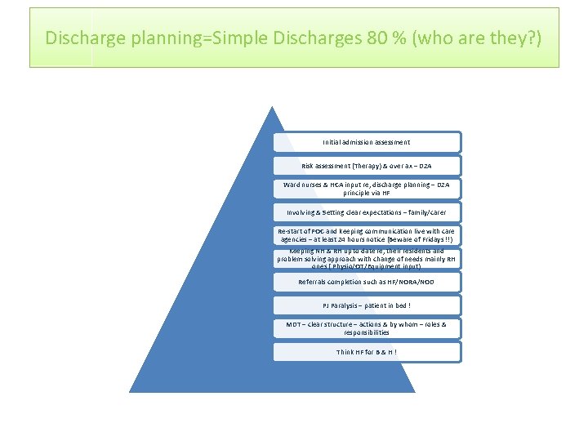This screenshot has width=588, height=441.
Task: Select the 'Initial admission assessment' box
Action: [367, 142]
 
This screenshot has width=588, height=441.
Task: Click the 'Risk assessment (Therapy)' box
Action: [367, 166]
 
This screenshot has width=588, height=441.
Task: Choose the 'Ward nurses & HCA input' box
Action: [367, 189]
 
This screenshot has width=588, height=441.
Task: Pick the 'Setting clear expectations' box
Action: [367, 212]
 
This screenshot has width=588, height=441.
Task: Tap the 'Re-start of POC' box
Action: [367, 235]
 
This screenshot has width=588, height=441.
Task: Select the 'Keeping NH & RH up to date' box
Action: [367, 259]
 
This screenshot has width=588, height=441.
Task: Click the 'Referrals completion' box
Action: [367, 282]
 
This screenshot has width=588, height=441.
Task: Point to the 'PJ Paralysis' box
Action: [367, 305]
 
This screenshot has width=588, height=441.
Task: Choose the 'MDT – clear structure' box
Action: [367, 328]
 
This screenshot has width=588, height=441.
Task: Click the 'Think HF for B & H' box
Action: [367, 352]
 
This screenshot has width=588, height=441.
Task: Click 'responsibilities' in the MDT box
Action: [367, 333]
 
